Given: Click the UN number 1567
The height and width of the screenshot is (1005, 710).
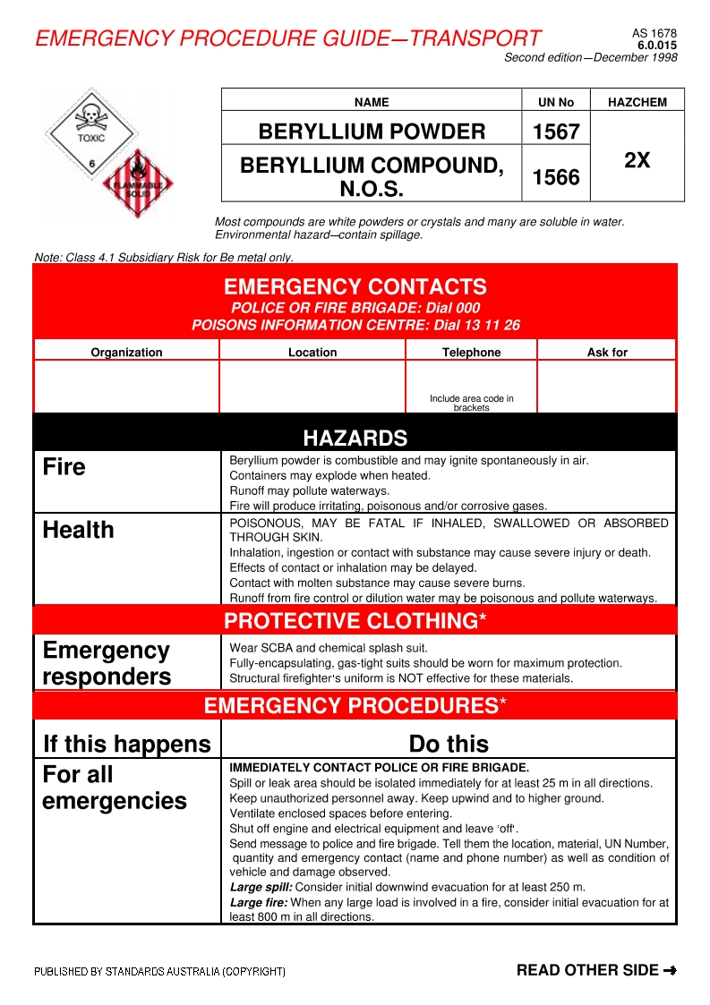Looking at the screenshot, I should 556,132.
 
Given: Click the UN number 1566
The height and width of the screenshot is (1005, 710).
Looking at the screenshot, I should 556,177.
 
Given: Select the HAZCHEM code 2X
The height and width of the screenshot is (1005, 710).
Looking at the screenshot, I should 637,160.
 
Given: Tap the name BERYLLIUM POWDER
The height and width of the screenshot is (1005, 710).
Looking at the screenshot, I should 372,132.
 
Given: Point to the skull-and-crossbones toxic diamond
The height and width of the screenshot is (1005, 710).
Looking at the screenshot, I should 90,130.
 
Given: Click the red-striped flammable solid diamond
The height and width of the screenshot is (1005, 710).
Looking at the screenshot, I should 137,184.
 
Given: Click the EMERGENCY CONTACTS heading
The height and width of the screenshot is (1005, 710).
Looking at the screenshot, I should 355,287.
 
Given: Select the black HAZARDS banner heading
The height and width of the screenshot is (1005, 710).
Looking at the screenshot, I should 355,438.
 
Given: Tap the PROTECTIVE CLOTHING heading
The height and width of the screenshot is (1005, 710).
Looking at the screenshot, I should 355,621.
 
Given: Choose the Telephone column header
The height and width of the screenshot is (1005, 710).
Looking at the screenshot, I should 471,353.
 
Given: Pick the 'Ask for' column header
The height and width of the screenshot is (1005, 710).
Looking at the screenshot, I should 607,353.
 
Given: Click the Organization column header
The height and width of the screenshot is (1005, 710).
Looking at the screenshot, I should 126,353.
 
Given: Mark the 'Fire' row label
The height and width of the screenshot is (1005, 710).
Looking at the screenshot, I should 64,467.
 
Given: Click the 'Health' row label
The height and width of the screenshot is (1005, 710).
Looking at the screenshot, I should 79,530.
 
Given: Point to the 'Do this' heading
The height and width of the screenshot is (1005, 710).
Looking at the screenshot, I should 449,744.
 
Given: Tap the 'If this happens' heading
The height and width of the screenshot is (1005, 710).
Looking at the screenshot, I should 127,744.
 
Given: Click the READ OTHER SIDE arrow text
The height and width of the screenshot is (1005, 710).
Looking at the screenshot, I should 595,970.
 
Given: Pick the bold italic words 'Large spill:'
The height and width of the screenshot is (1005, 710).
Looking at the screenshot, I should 258,888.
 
